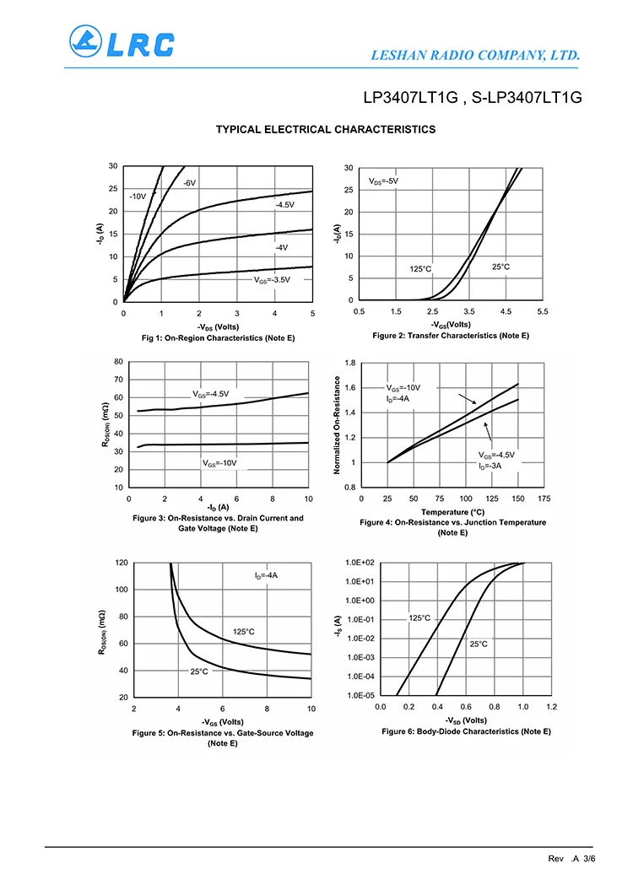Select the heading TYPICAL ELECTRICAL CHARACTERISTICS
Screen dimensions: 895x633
point(326,129)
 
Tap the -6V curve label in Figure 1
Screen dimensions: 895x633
point(189,183)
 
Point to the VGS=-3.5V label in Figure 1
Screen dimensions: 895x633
point(272,279)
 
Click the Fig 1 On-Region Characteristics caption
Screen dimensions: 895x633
point(218,338)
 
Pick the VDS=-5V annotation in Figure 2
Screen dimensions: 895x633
point(383,181)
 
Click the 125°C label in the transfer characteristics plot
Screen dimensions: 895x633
point(420,268)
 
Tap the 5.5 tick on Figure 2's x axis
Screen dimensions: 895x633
point(543,312)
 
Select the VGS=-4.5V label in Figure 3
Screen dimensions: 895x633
point(210,394)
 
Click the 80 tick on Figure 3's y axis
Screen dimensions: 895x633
point(117,362)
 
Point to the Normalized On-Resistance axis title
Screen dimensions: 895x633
point(337,424)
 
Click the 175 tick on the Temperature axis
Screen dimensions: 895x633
point(544,499)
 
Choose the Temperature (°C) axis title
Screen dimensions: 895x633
point(452,511)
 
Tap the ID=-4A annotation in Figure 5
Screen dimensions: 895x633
point(266,575)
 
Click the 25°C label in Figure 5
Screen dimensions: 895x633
point(199,671)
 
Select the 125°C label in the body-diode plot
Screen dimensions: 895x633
point(419,617)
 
